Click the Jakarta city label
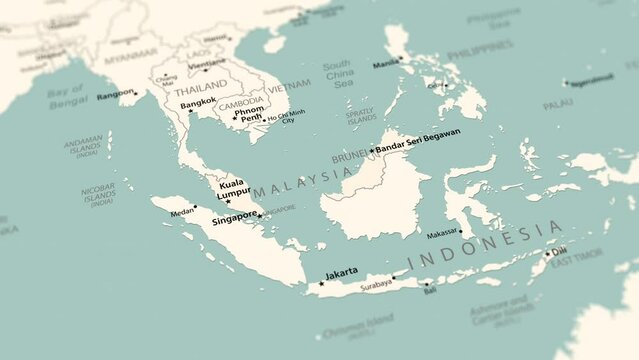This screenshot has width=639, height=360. pos(342,272)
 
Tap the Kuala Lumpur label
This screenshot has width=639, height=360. pos(235,189)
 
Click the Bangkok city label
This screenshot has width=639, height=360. pos(198,100)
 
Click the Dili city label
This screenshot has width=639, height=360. pos(559,251)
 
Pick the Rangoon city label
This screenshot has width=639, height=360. pos(115,93)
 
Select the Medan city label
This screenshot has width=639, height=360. pos(181,212)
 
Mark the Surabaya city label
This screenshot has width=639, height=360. pos(369,283)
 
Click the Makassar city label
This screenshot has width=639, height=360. pos(442,233)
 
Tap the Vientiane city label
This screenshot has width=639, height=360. pos(208,62)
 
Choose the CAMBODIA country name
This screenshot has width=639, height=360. pos(241,102)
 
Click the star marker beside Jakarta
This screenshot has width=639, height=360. pos(321,283)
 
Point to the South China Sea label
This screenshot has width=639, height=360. pos(338,74)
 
